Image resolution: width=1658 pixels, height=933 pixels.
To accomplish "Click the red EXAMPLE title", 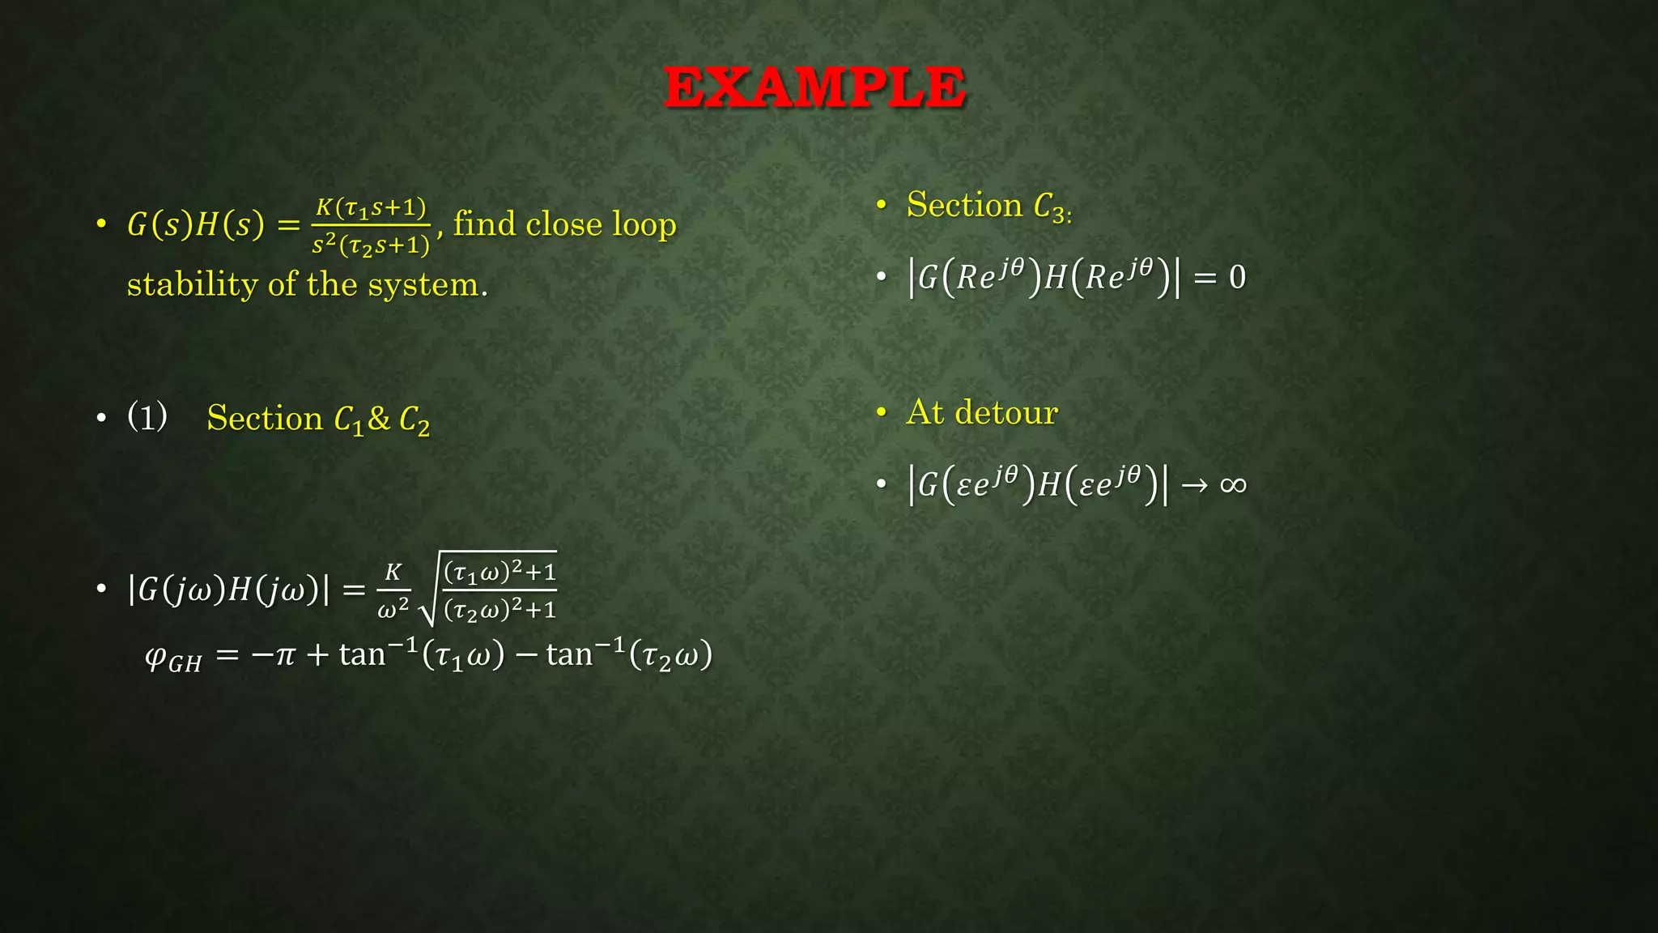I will click(814, 87).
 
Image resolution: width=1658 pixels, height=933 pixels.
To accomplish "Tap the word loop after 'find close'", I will click(644, 224).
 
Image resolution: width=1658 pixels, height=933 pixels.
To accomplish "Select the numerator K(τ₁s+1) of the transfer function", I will click(371, 208).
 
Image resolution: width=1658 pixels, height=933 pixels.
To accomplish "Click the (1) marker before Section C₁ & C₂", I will click(147, 416).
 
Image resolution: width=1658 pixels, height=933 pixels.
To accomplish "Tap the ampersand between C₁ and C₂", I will click(379, 419).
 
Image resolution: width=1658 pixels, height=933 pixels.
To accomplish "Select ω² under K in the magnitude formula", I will click(393, 608).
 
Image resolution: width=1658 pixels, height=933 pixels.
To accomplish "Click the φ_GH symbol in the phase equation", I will click(172, 657).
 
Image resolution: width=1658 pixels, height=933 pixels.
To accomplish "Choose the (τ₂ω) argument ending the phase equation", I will click(671, 654).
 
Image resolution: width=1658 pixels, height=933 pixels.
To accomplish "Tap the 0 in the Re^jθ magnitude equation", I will click(1237, 278).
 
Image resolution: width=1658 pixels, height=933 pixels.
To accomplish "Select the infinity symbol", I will click(1233, 484).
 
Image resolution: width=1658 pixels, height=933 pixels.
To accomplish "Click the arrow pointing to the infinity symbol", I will click(1194, 485).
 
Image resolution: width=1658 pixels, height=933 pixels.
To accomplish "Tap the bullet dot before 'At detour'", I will click(882, 413).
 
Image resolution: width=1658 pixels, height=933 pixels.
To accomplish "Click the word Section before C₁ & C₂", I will click(265, 418).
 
